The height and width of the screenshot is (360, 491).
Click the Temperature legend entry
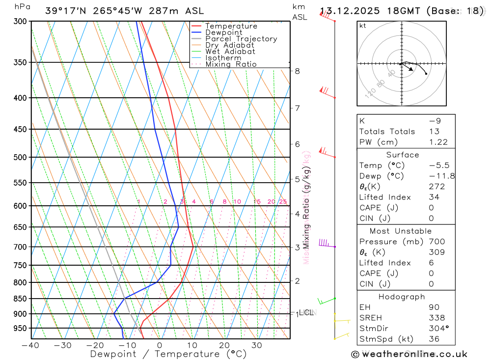point(231,26)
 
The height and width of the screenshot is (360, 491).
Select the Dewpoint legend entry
point(223,32)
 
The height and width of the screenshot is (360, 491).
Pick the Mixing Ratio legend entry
point(231,64)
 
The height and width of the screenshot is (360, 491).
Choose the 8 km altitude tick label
point(297,71)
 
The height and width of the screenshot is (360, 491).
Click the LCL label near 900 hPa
point(306,312)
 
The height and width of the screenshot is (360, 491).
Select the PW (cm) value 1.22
point(438,142)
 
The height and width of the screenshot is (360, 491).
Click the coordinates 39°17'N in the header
point(65,11)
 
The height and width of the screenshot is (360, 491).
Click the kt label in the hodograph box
point(363,26)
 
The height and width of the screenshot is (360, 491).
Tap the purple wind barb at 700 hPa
point(325,243)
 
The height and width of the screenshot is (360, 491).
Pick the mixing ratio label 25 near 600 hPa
point(283,201)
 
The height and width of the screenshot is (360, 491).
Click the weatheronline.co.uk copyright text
point(409,354)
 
